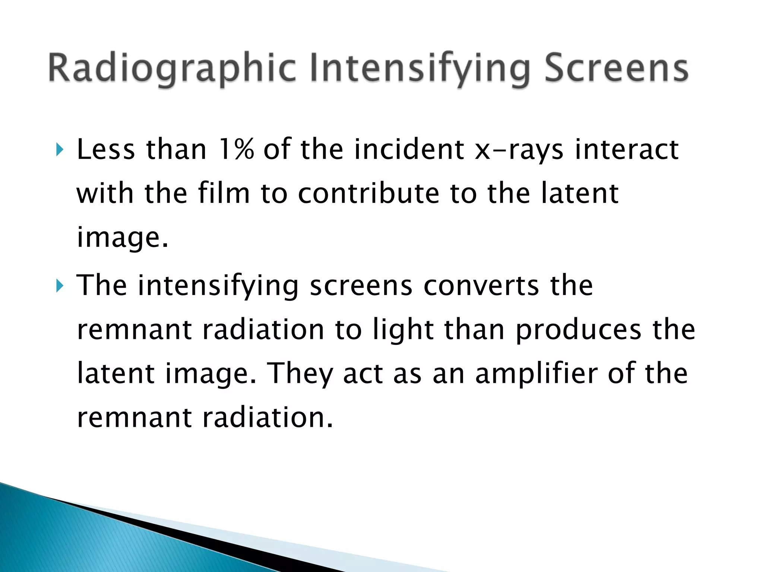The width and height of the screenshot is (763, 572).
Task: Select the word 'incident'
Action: click(409, 149)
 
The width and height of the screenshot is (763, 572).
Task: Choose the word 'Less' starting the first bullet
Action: click(106, 149)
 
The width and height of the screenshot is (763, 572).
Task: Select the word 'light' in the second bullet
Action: click(403, 330)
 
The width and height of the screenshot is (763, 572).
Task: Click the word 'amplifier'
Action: click(536, 374)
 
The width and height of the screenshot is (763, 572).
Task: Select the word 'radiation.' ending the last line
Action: click(267, 417)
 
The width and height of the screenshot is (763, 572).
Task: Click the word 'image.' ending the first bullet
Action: click(123, 238)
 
